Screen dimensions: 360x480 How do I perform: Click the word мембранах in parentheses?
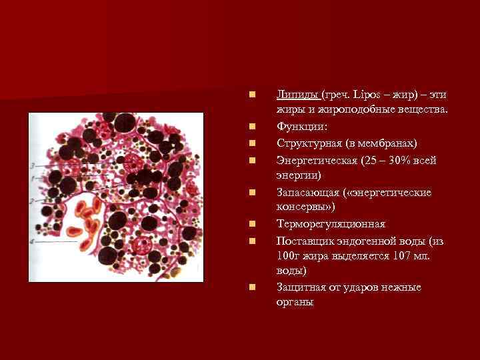pos(388,143)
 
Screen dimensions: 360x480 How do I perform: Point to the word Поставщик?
pos(303,240)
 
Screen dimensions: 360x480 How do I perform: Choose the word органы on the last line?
pos(295,303)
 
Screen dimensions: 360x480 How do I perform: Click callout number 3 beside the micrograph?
pos(32,165)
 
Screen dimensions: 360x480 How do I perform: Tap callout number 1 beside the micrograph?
pos(32,179)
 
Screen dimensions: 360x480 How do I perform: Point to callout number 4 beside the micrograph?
pos(32,241)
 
